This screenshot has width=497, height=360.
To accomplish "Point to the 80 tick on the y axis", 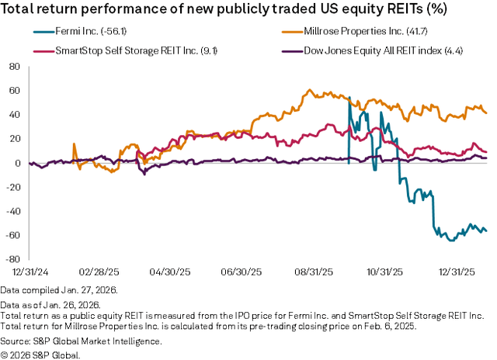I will point(13,67).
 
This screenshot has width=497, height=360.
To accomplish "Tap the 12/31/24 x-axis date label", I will point(29,272).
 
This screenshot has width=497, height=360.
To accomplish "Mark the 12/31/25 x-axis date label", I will point(455,272).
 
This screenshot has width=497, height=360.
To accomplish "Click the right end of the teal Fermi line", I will point(486,230).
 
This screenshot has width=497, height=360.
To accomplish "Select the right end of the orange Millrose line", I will point(486,112).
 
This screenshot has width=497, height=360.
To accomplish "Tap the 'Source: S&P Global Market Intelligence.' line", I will point(81,341).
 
